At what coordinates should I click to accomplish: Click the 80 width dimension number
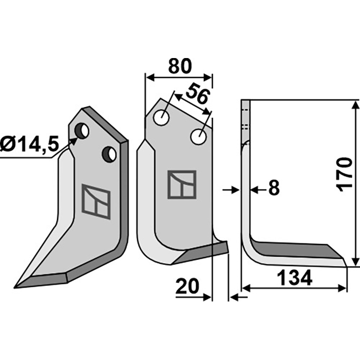point(180,66)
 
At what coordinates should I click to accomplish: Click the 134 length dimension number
point(295,278)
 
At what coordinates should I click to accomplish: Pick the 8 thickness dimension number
point(274,188)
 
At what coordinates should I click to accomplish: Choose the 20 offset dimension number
point(187,286)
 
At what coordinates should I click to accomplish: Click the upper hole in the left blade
point(82,130)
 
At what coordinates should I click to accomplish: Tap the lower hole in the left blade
point(109,154)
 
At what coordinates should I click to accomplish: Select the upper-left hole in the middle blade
point(162,118)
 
